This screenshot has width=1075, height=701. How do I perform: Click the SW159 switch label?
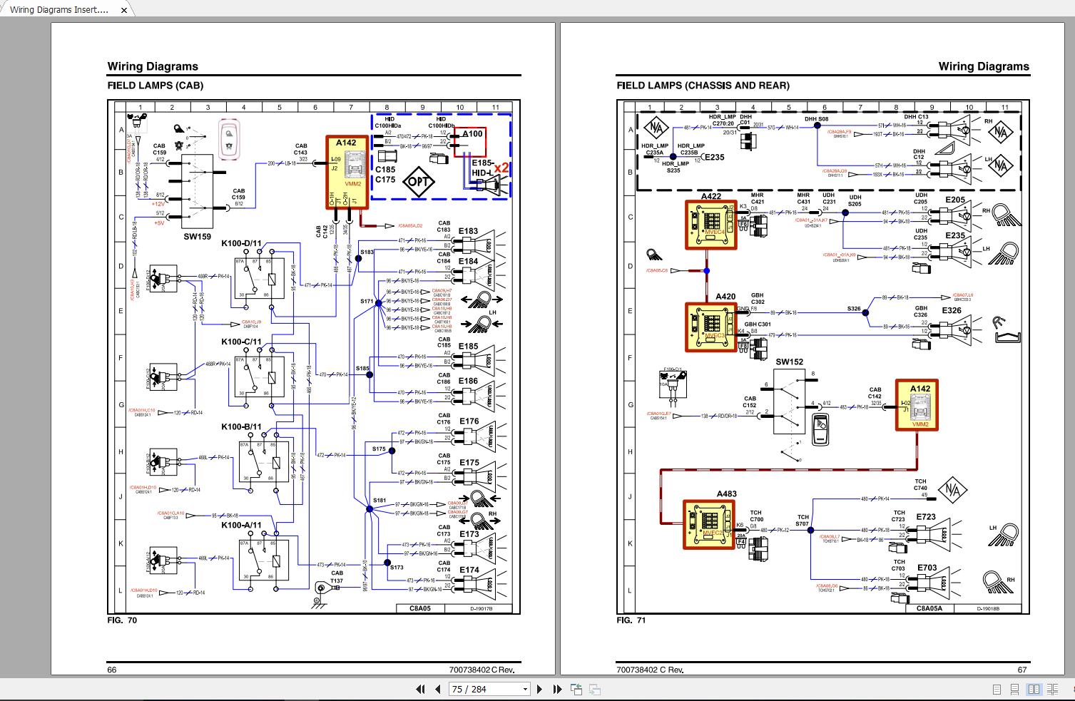point(198,236)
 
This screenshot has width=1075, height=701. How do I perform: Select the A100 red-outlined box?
point(472,141)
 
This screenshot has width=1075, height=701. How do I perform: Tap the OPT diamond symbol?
point(419,181)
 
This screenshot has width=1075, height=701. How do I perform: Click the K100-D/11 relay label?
point(241,244)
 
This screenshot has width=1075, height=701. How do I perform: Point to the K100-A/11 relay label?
point(241,525)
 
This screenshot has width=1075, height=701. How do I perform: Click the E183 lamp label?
point(468,231)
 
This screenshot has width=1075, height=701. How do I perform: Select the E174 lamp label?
point(469,570)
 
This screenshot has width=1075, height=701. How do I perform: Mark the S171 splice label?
point(367,302)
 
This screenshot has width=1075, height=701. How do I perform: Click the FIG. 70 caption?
point(122,620)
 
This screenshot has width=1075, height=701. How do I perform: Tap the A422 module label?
point(710,196)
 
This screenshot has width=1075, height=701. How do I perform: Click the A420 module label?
point(725,297)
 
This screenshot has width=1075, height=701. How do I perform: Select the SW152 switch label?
point(790,362)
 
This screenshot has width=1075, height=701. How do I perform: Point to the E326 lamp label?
point(951,310)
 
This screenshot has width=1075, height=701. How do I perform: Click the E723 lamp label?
point(926,517)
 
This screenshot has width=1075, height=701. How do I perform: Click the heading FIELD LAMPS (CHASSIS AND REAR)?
point(703,86)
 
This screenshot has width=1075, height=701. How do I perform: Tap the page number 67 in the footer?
point(1021,670)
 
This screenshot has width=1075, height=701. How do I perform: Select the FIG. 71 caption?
point(631,620)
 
